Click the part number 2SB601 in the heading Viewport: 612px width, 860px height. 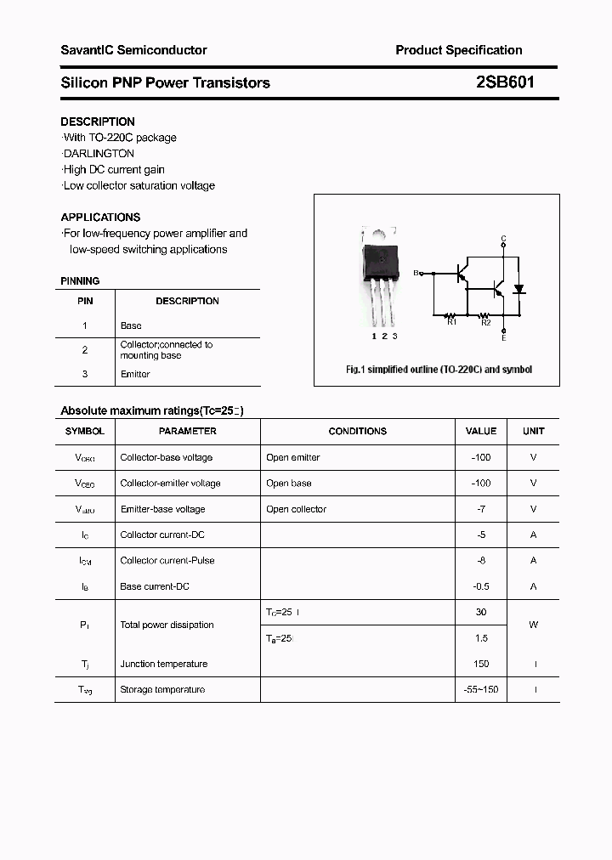[x=504, y=82]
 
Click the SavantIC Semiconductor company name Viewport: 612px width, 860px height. [x=133, y=50]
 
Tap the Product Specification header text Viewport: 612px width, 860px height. [x=458, y=50]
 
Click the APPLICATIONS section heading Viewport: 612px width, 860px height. [x=100, y=217]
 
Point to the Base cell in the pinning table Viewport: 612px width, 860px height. [x=131, y=325]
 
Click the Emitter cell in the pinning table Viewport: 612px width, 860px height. [x=135, y=374]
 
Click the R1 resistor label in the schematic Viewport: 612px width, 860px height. [x=451, y=322]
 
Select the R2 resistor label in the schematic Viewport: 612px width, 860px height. [x=485, y=322]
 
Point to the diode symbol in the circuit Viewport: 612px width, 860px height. [x=519, y=289]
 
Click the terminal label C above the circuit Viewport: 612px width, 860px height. [x=503, y=238]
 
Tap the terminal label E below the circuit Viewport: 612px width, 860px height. [x=503, y=338]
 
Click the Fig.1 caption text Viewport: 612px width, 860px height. [x=438, y=370]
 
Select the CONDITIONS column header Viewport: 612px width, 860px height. [x=357, y=431]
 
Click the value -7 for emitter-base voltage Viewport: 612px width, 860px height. [x=481, y=509]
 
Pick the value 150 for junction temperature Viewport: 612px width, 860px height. [x=481, y=664]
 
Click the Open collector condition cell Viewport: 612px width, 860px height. [x=296, y=509]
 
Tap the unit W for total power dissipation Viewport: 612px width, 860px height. [x=533, y=625]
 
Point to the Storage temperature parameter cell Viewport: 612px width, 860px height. [x=162, y=689]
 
